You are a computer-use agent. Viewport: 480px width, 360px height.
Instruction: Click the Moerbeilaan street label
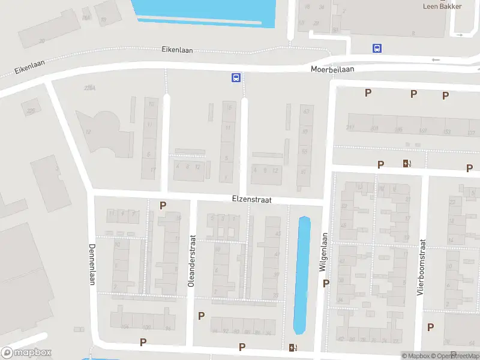(x=332, y=69)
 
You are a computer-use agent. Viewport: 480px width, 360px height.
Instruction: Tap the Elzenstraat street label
(x=253, y=198)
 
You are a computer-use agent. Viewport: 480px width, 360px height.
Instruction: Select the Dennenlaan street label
(x=92, y=264)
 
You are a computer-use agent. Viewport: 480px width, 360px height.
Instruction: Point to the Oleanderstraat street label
(x=192, y=260)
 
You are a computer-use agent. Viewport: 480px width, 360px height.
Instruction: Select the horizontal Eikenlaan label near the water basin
(x=177, y=50)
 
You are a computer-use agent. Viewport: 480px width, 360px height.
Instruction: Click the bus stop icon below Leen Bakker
(x=377, y=48)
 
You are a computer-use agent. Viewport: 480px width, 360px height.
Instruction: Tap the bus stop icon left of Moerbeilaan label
(x=236, y=77)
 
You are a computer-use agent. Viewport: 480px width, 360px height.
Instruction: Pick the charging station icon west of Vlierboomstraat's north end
(x=407, y=163)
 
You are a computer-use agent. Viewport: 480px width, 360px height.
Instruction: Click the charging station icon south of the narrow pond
(x=292, y=347)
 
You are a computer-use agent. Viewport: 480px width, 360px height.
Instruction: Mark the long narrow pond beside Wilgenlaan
(x=302, y=274)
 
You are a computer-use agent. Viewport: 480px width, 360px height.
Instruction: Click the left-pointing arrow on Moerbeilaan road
(x=436, y=60)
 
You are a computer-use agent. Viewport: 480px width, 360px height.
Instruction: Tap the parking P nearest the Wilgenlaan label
(x=326, y=283)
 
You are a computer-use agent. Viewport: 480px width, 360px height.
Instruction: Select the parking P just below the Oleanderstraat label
(x=201, y=316)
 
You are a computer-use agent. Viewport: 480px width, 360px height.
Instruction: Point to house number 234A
(x=90, y=88)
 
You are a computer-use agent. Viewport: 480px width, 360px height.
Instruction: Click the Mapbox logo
(x=26, y=353)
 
